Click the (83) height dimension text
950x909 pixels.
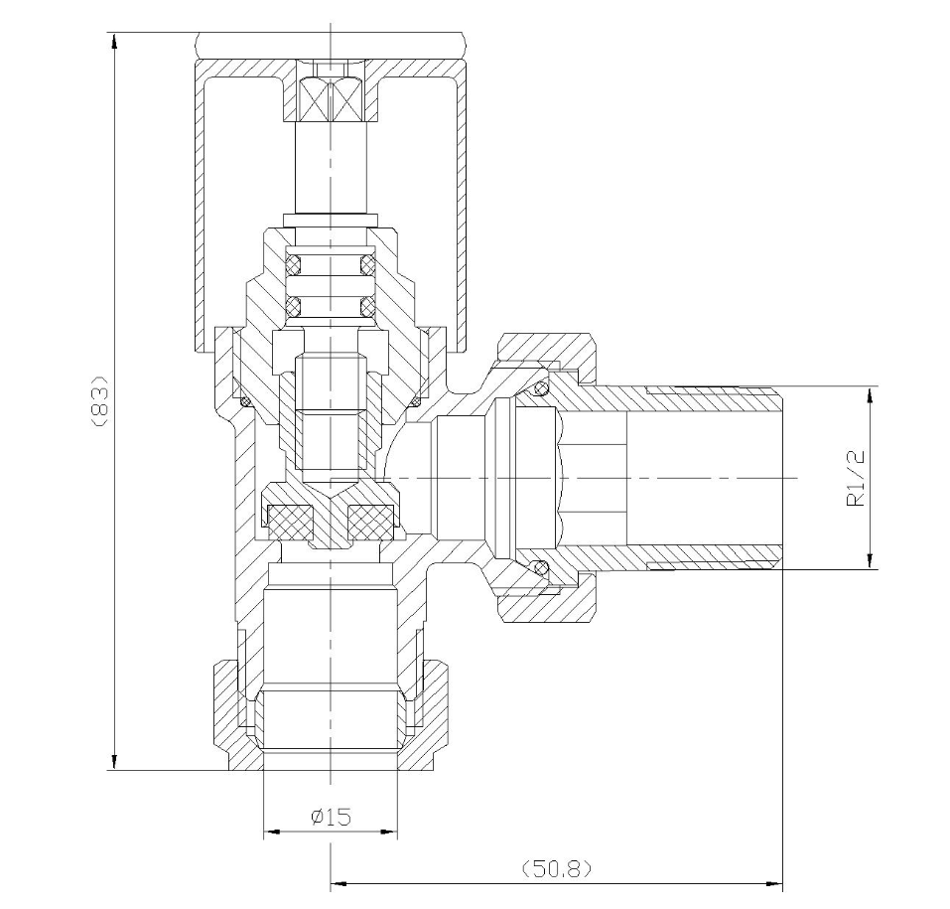coord(97,400)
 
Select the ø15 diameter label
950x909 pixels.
coord(331,817)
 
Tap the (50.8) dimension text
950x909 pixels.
coord(556,868)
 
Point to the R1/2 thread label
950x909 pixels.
coord(857,478)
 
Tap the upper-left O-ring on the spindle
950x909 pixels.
coord(294,265)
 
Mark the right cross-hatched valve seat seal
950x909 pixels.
coord(370,517)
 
